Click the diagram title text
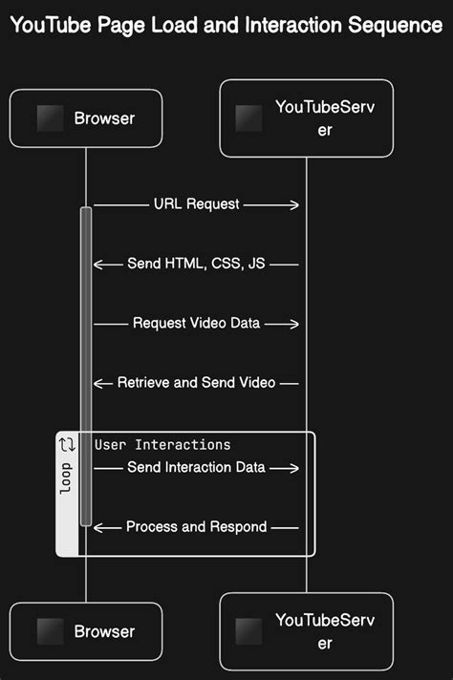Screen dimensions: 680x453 click(x=226, y=26)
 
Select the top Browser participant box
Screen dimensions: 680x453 click(x=86, y=119)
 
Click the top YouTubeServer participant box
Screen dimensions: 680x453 click(x=306, y=118)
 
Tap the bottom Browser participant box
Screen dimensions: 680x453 click(x=86, y=631)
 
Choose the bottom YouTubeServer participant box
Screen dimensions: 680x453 click(x=306, y=631)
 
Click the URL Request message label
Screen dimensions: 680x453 click(x=196, y=204)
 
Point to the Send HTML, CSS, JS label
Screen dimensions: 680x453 click(x=196, y=264)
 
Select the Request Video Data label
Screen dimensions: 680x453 click(x=196, y=323)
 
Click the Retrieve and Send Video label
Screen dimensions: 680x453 click(x=196, y=382)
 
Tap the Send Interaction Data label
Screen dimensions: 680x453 click(x=196, y=467)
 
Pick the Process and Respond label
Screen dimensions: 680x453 click(x=196, y=526)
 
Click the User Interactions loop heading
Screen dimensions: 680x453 click(x=162, y=445)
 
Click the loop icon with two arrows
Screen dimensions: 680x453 click(x=67, y=444)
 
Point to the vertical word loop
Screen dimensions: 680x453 click(x=66, y=479)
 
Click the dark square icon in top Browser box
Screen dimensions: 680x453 click(x=50, y=119)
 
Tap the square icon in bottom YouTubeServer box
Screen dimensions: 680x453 click(x=248, y=631)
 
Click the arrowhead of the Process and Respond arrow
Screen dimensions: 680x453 click(x=97, y=526)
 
